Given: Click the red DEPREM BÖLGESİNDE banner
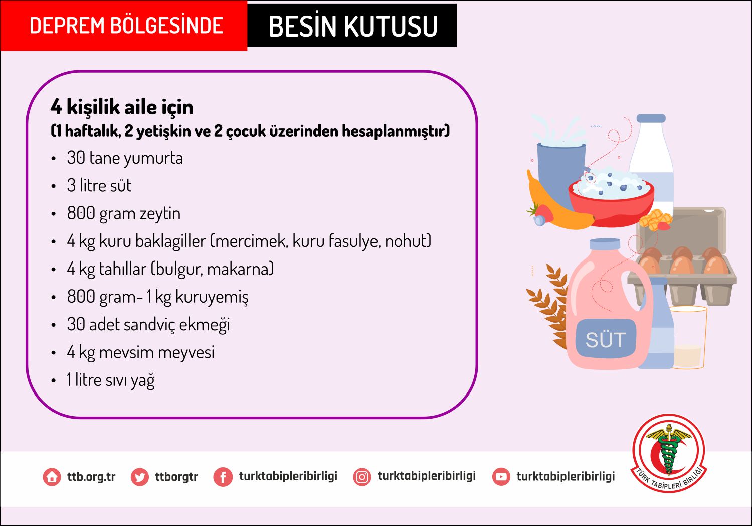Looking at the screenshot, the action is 123,26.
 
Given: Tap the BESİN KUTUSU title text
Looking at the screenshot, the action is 353,26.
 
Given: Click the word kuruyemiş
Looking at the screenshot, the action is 212,297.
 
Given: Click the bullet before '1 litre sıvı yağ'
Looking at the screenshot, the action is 53,381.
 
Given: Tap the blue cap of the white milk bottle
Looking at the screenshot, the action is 651,118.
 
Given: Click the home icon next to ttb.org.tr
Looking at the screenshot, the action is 52,477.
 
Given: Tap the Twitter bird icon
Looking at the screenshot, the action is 140,477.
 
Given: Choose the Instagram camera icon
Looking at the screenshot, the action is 362,477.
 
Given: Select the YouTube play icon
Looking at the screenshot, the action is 501,477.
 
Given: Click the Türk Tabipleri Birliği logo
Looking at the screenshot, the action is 669,453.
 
